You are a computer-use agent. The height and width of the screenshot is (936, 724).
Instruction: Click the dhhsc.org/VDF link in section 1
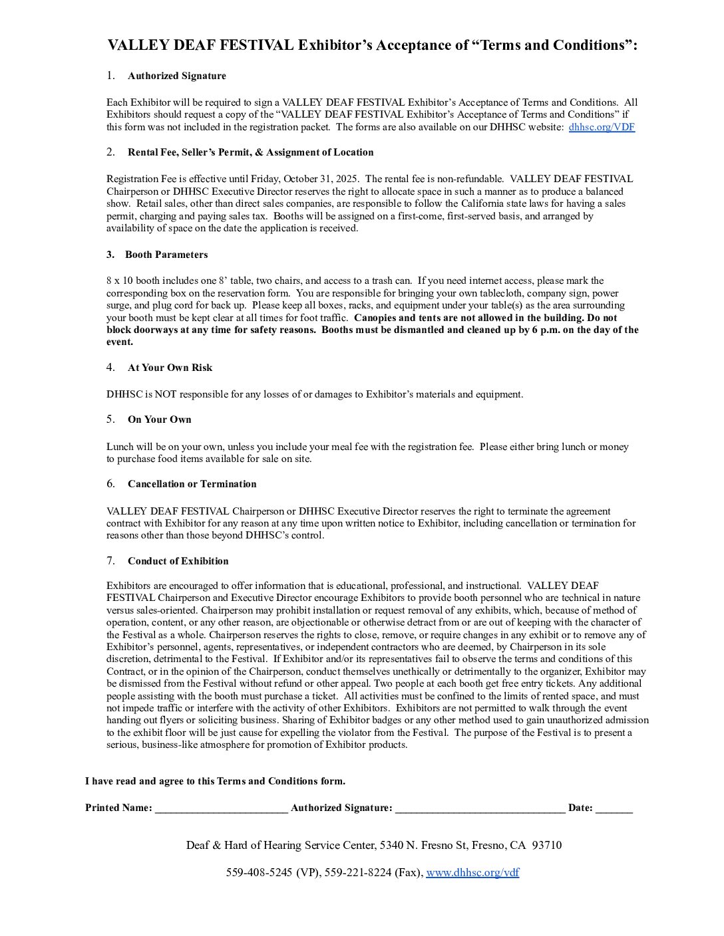click(x=602, y=127)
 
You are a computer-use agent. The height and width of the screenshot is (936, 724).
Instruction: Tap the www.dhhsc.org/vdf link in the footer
click(x=472, y=873)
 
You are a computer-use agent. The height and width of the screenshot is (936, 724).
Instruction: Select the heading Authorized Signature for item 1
click(x=177, y=76)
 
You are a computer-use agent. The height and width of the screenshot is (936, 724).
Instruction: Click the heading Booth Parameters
click(x=166, y=255)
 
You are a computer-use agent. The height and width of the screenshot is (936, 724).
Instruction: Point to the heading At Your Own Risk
click(x=170, y=368)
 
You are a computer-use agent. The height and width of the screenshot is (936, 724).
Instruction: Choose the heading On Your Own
click(x=160, y=419)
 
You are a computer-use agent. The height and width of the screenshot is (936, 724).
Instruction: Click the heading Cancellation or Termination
click(x=192, y=484)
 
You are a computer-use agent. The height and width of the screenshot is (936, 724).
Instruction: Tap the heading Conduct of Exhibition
click(x=178, y=561)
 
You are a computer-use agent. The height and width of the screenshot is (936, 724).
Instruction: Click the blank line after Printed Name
click(x=221, y=809)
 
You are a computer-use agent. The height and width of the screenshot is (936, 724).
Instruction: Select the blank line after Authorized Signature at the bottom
click(x=480, y=809)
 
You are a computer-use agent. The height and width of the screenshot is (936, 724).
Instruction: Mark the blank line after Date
click(x=614, y=809)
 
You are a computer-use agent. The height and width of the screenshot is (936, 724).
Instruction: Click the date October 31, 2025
click(x=322, y=179)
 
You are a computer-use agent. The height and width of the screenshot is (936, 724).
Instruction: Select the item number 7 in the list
click(x=110, y=560)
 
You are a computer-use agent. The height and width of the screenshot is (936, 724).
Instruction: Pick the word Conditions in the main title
click(x=587, y=45)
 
